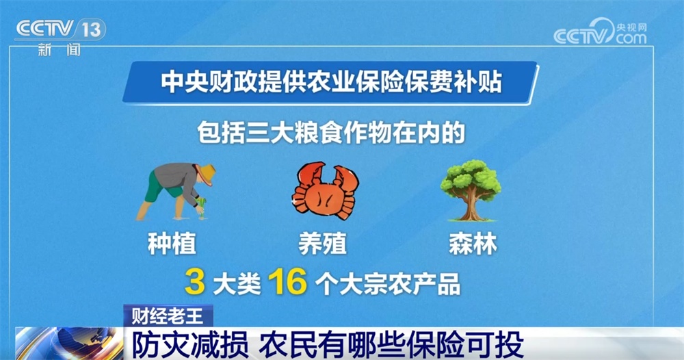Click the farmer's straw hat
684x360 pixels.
click(x=205, y=172)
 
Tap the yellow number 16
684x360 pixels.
click(x=287, y=283)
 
